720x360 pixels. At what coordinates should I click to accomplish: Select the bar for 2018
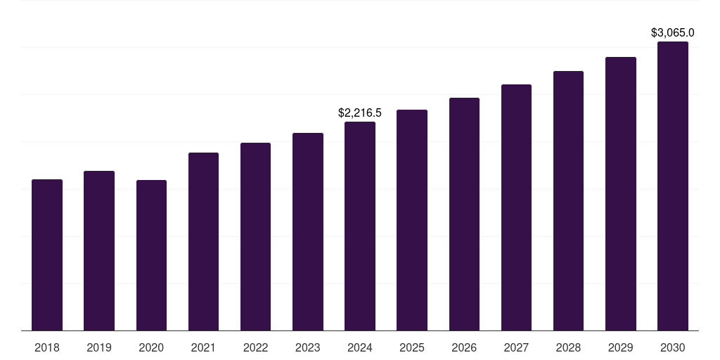(47, 255)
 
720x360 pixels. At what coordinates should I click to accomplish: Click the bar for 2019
(99, 251)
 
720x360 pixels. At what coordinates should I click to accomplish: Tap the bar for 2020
(151, 255)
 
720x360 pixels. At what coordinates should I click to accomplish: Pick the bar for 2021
(203, 242)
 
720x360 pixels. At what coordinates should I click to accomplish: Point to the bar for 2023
(308, 232)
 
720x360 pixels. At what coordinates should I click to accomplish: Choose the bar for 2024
(360, 226)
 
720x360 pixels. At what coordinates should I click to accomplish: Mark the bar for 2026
(464, 214)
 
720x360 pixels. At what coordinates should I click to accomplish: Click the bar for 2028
(568, 200)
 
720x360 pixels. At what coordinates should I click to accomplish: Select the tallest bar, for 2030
(673, 186)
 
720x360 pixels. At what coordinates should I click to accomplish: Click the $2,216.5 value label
(360, 113)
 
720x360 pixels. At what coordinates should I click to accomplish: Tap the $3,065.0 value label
(673, 32)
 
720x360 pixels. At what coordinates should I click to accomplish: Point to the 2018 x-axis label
(47, 347)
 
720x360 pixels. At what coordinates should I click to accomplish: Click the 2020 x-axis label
(151, 347)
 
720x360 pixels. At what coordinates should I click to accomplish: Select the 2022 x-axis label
(255, 347)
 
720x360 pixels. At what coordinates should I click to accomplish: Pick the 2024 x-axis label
(360, 347)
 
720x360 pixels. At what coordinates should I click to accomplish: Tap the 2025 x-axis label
(412, 347)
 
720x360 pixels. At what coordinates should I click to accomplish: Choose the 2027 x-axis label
(516, 347)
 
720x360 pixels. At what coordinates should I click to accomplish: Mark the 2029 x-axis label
(620, 347)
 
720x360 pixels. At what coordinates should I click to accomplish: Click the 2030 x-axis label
(673, 347)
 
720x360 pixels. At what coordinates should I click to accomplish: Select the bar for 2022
(255, 237)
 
